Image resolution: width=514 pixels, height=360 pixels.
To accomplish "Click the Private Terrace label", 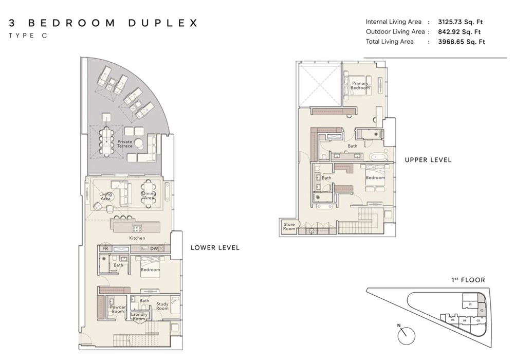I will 125,143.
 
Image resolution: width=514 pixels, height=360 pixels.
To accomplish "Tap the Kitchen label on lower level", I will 137,238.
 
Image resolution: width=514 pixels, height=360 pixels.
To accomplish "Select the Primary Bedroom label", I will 360,85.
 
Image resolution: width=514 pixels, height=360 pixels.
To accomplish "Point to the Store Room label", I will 289,226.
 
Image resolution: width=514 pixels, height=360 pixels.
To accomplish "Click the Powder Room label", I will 118,309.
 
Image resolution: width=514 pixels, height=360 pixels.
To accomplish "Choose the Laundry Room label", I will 139,316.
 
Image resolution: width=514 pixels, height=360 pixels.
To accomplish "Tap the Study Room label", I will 162,307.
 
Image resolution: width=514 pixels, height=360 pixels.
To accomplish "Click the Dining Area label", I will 149,195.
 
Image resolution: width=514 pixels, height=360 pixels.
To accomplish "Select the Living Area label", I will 106,196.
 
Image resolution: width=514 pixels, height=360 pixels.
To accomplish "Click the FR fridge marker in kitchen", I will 105,248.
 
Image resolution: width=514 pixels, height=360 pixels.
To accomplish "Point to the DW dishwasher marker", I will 154,248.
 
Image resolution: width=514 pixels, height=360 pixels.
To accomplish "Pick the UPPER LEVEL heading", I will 428,160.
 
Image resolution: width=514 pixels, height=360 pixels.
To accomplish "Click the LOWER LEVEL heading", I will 215,247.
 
